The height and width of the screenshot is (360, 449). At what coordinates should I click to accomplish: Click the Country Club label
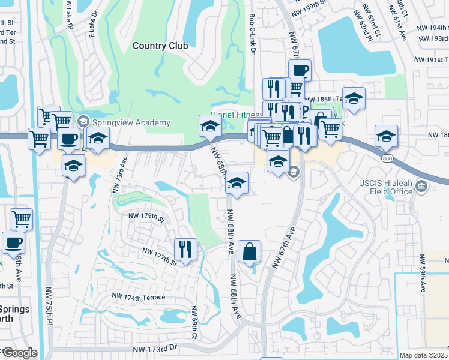click(160, 46)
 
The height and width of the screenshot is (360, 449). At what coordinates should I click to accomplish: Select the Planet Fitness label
click(237, 114)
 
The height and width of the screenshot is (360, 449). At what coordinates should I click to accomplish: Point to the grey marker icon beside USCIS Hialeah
click(421, 188)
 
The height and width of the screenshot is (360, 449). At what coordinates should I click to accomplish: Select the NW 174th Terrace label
click(139, 298)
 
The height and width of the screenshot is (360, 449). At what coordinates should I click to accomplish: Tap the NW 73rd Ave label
click(118, 175)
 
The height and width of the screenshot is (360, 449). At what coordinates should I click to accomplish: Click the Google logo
click(19, 353)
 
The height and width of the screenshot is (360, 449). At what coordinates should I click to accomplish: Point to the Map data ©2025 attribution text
click(424, 355)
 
